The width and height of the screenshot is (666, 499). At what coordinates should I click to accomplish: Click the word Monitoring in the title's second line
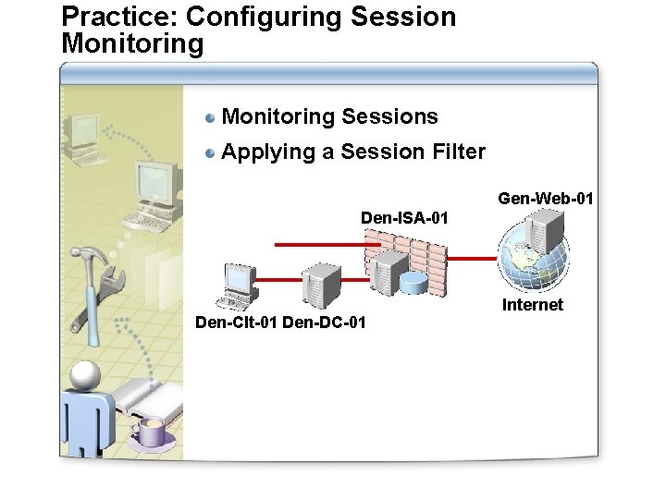pyautogui.click(x=132, y=43)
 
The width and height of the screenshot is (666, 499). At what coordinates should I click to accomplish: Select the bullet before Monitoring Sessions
pyautogui.click(x=211, y=117)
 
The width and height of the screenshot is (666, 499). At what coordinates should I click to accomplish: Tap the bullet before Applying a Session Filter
pyautogui.click(x=211, y=152)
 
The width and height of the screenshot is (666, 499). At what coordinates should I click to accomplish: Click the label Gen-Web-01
pyautogui.click(x=546, y=198)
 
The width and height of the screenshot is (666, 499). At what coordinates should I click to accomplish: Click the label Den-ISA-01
pyautogui.click(x=404, y=218)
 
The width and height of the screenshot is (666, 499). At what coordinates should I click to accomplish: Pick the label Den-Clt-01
pyautogui.click(x=236, y=323)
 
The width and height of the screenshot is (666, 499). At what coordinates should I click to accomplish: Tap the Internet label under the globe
pyautogui.click(x=532, y=305)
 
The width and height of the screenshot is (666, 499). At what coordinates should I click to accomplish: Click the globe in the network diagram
pyautogui.click(x=534, y=260)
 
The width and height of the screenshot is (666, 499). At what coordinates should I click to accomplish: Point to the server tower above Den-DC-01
pyautogui.click(x=324, y=284)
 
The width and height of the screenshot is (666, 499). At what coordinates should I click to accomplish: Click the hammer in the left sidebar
pyautogui.click(x=90, y=277)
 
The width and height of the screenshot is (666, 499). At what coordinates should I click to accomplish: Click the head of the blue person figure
pyautogui.click(x=86, y=374)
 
